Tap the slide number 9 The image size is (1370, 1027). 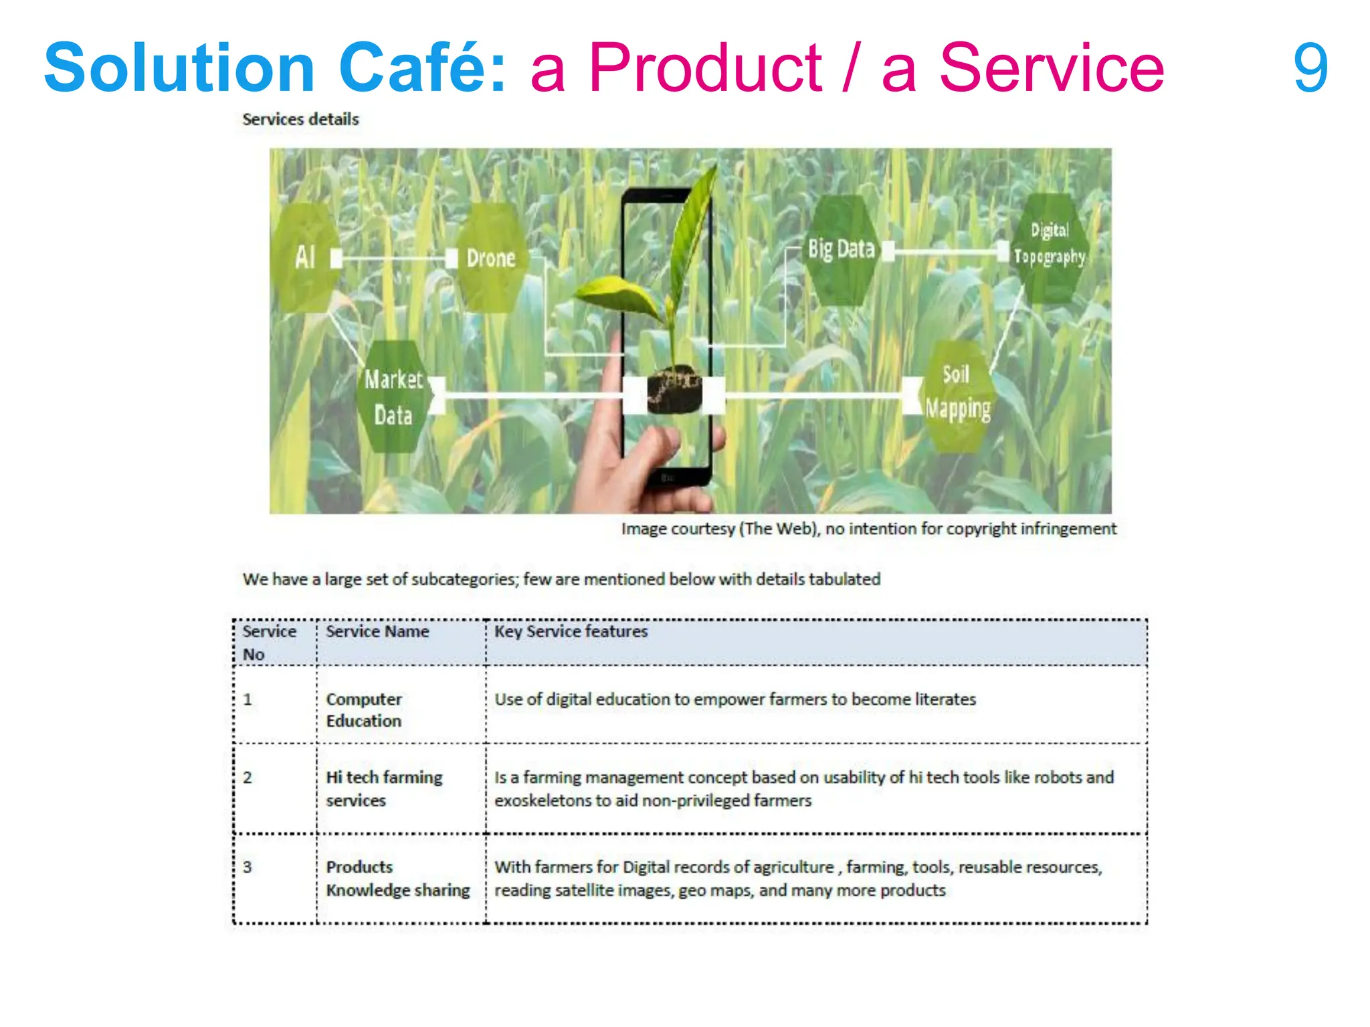[1310, 68]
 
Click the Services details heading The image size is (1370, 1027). [300, 120]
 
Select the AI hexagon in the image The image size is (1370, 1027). [305, 257]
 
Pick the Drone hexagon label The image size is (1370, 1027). [491, 258]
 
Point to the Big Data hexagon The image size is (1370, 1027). [841, 249]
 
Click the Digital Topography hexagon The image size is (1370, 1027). [1049, 245]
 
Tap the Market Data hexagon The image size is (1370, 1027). [393, 397]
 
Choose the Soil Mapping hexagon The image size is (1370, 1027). [957, 394]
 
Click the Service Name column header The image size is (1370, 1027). [377, 632]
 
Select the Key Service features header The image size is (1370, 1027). [571, 632]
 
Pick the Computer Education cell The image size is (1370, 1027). [364, 710]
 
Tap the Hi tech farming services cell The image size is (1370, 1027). [384, 789]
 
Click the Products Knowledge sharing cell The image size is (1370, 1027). [397, 879]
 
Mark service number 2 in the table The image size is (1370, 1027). [248, 778]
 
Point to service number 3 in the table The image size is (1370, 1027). [248, 867]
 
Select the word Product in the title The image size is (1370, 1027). [705, 68]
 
